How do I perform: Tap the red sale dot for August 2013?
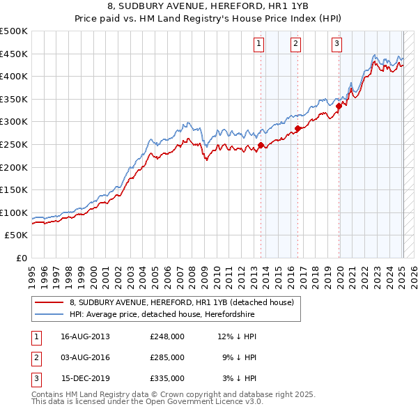coord(261,145)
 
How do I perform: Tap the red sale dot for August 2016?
coord(297,128)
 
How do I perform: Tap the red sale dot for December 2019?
coord(339,106)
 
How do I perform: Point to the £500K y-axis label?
coord(14,31)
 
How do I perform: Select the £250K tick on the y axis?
coord(14,144)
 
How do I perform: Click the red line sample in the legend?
coord(49,303)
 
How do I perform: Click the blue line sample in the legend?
coord(49,314)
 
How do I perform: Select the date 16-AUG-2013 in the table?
coord(86,336)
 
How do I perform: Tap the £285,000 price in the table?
coord(167,357)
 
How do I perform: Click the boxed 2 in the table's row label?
coord(35,357)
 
